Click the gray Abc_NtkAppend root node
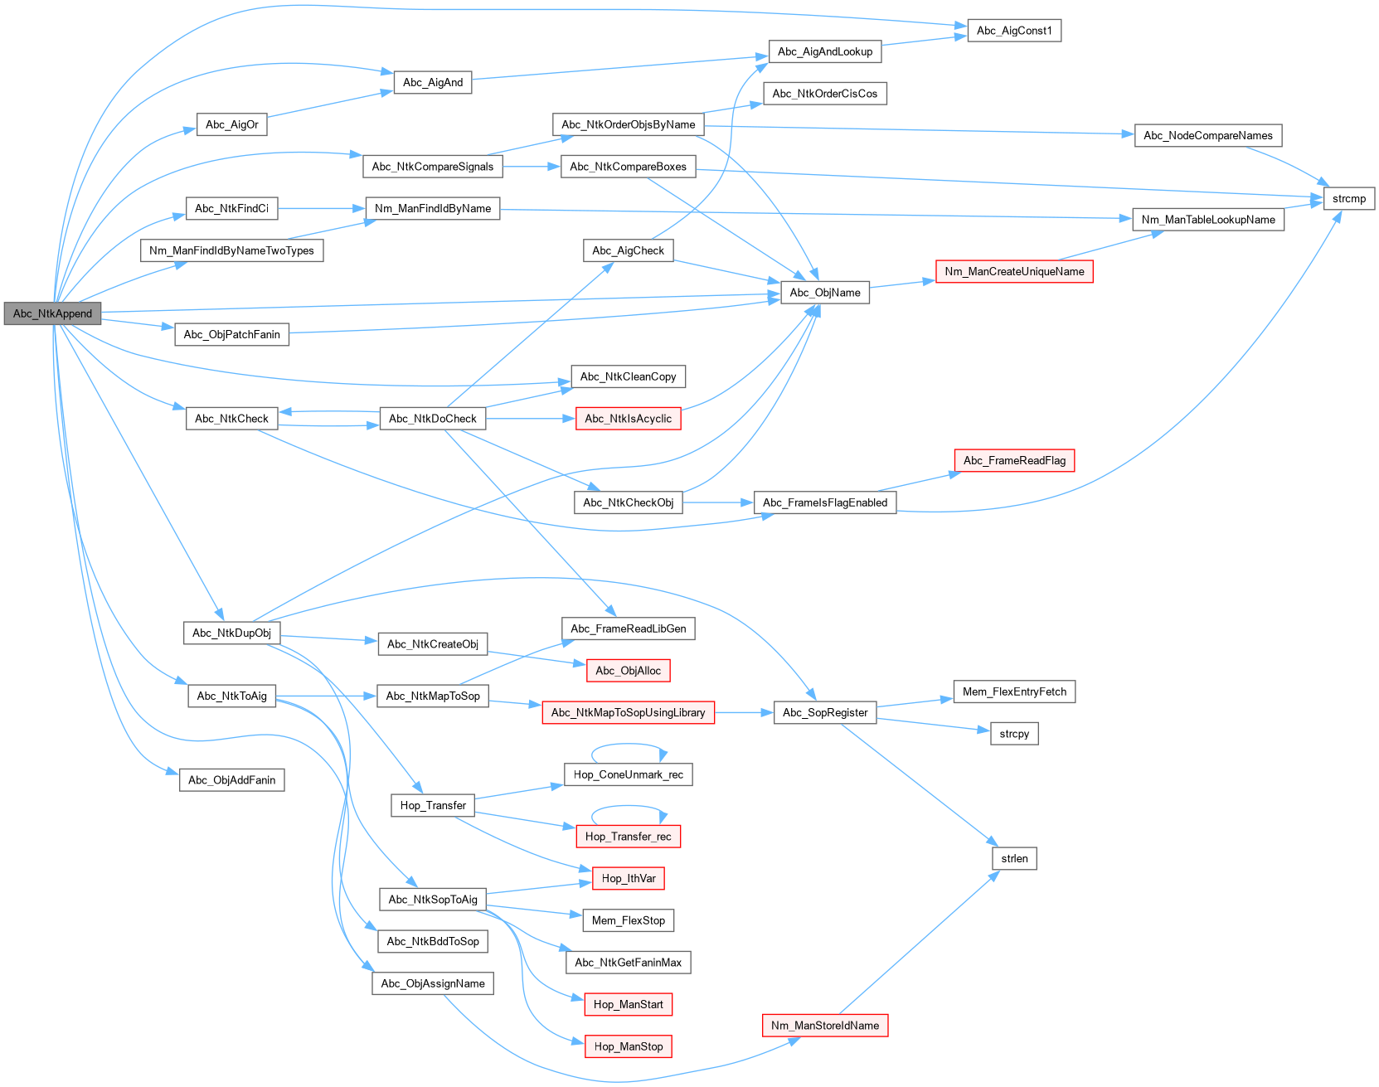52,313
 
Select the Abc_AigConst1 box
1013,31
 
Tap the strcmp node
1348,199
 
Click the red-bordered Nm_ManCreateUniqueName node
1013,271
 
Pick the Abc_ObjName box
824,293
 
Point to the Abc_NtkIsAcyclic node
628,419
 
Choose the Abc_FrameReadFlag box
1013,461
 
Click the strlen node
1013,859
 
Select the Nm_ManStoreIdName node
824,1026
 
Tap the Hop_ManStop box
628,1046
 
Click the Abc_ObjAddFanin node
231,780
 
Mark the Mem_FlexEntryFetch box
1013,692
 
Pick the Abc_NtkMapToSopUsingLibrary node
628,712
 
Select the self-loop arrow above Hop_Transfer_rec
629,808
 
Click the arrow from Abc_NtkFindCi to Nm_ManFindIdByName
321,208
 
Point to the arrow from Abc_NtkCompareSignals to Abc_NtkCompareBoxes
531,167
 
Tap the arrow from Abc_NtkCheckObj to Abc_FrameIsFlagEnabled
717,502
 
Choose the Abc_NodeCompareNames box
1207,136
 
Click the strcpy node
1013,734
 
